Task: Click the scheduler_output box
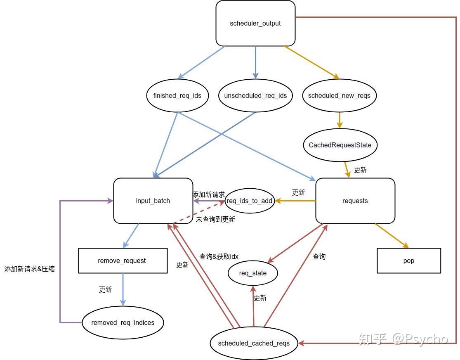coord(255,24)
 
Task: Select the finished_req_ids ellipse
coord(177,96)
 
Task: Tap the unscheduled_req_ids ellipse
coord(255,96)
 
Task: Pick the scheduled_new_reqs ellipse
coord(339,96)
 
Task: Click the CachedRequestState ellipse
coord(340,145)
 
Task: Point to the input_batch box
coord(153,201)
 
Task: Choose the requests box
coord(355,201)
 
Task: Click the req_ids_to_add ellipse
coord(250,201)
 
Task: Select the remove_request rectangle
coord(123,261)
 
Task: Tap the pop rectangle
coord(408,261)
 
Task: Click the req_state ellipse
coord(253,273)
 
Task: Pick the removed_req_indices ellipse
coord(123,323)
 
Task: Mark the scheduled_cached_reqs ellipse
coord(254,343)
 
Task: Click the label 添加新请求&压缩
coord(29,269)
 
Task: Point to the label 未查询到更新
coord(215,220)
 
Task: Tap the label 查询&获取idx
coord(219,256)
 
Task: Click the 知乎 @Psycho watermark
coord(403,339)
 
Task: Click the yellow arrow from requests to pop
coord(391,236)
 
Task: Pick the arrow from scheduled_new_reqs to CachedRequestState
coord(340,120)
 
